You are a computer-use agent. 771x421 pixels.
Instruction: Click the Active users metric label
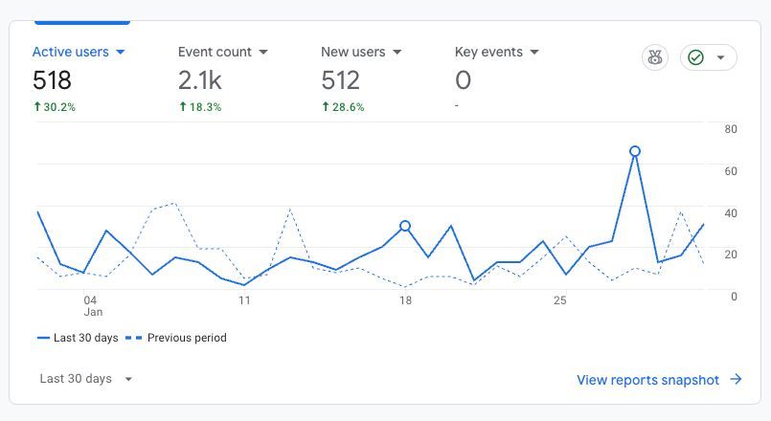(x=79, y=52)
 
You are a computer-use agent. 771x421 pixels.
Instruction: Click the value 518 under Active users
(x=52, y=80)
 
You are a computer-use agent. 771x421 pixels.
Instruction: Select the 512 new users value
(x=340, y=80)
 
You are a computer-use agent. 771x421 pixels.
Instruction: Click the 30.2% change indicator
(x=54, y=107)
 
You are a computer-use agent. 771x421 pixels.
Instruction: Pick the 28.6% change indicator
(x=342, y=107)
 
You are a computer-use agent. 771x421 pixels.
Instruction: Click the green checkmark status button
(x=708, y=57)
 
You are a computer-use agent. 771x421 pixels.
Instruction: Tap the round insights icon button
(x=655, y=57)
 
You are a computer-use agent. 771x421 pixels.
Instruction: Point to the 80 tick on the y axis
(x=731, y=129)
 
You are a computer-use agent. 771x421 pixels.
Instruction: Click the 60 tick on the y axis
(x=731, y=171)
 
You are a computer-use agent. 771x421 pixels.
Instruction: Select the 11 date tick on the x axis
(x=244, y=299)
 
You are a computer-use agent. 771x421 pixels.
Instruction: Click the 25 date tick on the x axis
(x=560, y=299)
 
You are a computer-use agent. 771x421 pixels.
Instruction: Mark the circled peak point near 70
(x=635, y=151)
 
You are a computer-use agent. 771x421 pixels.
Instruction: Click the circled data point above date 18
(x=405, y=226)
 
